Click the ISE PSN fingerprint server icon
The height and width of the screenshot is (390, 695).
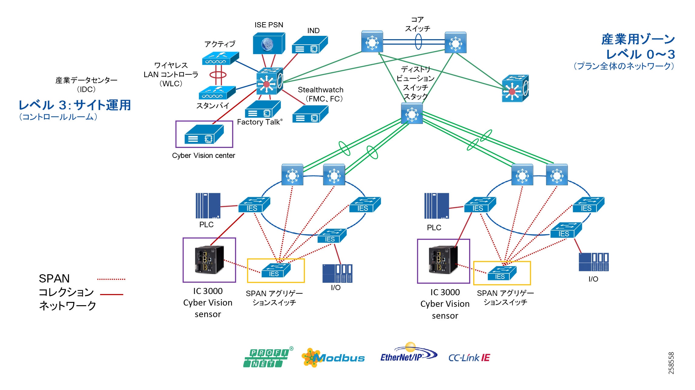(x=269, y=43)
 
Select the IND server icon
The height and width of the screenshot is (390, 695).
(x=309, y=45)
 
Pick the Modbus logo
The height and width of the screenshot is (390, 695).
(x=333, y=358)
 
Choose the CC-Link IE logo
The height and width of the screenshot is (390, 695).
(x=469, y=358)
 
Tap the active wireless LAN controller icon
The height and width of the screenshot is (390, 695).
(x=220, y=58)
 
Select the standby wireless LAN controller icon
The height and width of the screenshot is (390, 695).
(x=217, y=93)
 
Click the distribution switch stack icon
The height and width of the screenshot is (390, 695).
(x=412, y=113)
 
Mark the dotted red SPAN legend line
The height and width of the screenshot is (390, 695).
(x=111, y=279)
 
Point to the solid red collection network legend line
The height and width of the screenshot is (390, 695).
(x=111, y=294)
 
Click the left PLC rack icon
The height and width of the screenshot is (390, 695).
(x=208, y=206)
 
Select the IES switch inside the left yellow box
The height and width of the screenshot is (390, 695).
(x=276, y=270)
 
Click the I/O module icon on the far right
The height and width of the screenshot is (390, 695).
(x=593, y=262)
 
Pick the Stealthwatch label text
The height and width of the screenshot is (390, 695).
(x=320, y=90)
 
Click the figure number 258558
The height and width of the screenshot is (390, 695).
(x=671, y=363)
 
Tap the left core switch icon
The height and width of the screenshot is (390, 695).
(x=372, y=41)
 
